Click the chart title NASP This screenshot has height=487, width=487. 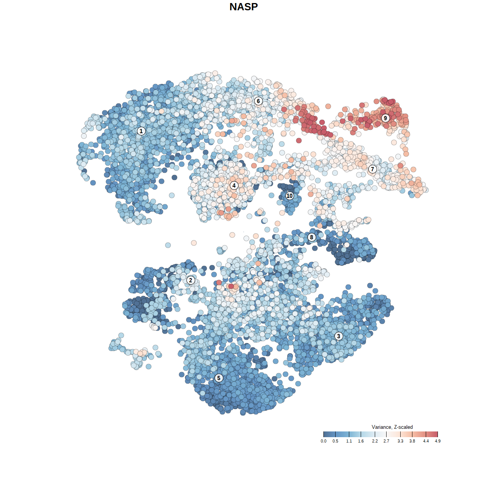point(243,7)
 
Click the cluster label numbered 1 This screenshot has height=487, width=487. point(141,131)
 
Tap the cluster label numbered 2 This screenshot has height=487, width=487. point(191,280)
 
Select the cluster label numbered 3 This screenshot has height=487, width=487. point(339,336)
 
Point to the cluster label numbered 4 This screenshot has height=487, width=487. point(234,186)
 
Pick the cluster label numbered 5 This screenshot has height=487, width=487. point(219,378)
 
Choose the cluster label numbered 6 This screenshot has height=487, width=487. point(258,101)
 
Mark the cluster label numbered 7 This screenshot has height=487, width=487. point(372,169)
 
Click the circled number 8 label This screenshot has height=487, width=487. point(312,237)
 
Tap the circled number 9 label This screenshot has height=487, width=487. point(385,118)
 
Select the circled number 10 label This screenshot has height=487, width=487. point(290,196)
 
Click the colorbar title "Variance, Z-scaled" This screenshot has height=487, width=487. point(392,427)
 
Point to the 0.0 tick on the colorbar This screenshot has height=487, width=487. point(323,441)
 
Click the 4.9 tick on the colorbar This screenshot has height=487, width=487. point(438,441)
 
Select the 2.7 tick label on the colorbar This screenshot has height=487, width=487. point(386,441)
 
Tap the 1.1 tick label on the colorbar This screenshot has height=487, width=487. point(349,441)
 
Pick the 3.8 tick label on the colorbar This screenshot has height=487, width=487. point(412,441)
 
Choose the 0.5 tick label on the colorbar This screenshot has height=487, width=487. point(335,441)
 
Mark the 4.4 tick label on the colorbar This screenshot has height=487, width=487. point(426,441)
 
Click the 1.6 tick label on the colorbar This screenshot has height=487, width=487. point(361,441)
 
